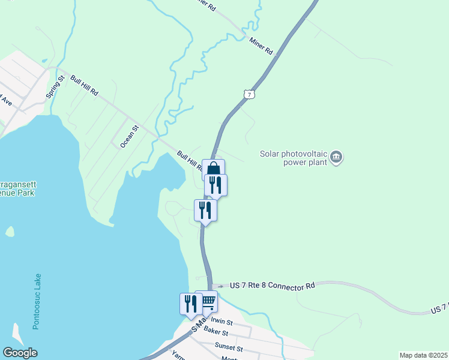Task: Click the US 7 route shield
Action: pyautogui.click(x=250, y=94)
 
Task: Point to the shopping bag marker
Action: pyautogui.click(x=213, y=169)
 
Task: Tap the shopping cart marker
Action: pyautogui.click(x=206, y=302)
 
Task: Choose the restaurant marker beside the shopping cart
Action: pyautogui.click(x=190, y=304)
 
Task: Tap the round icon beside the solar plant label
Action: pyautogui.click(x=336, y=157)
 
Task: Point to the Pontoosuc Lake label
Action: pyautogui.click(x=37, y=303)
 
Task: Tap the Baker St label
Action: pyautogui.click(x=216, y=332)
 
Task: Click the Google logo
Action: pyautogui.click(x=20, y=353)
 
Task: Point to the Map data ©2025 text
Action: pyautogui.click(x=423, y=355)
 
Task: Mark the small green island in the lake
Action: pyautogui.click(x=10, y=232)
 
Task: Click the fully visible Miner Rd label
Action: pyautogui.click(x=261, y=46)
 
